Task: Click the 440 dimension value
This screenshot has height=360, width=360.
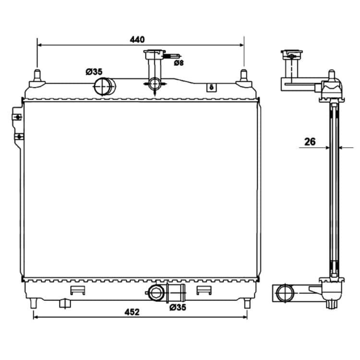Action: pos(137,39)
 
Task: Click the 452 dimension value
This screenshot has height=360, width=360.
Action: pos(132,312)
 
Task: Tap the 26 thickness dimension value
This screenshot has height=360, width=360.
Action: pos(310,142)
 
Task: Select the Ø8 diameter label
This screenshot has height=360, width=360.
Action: pos(179,63)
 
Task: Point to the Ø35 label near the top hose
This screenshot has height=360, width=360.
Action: pos(94,72)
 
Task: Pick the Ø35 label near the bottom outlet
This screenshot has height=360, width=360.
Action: pos(178,307)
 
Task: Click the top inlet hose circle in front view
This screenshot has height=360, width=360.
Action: pos(102,86)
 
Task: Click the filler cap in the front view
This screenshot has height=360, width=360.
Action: pos(154,53)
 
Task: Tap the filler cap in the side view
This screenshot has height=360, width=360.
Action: pos(291,54)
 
